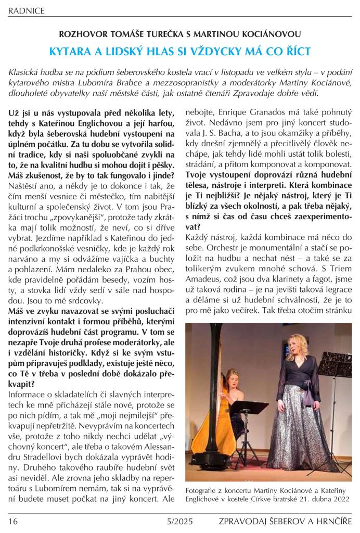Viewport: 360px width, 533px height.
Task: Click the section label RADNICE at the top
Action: point(26,10)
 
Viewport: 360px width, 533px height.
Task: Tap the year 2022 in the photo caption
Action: point(340,499)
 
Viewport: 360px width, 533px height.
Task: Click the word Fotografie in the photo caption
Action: point(202,489)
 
